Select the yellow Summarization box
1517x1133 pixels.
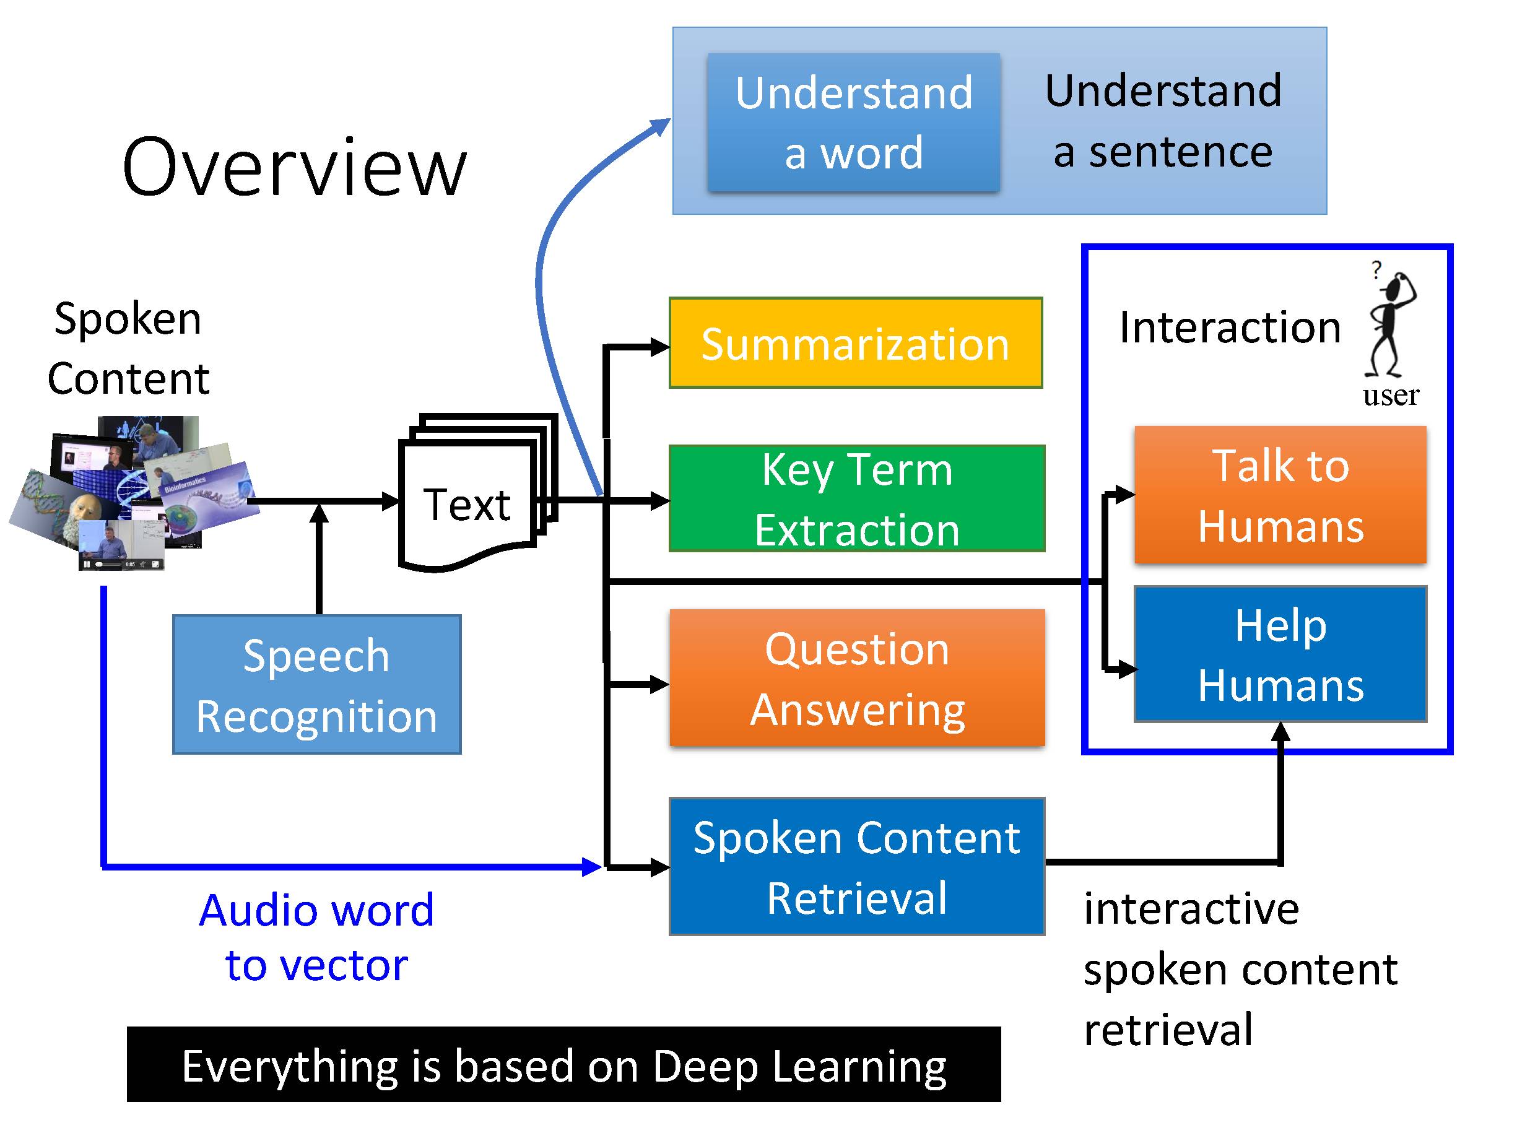click(856, 343)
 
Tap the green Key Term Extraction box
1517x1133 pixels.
click(856, 498)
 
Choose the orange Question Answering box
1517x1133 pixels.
click(856, 677)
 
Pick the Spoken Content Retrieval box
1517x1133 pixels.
click(856, 866)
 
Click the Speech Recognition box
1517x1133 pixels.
click(316, 685)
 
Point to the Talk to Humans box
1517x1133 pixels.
click(1280, 495)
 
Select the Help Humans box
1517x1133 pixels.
click(1280, 654)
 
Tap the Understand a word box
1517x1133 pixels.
click(853, 122)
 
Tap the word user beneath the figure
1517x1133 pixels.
click(1391, 396)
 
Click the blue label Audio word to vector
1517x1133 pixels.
click(316, 937)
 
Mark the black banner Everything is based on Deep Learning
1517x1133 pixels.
click(563, 1065)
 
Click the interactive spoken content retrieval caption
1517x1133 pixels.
click(1240, 968)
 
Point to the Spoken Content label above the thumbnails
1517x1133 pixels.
click(128, 348)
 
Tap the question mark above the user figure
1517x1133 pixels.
click(1376, 269)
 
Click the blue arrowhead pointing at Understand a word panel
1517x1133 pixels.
click(661, 126)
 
